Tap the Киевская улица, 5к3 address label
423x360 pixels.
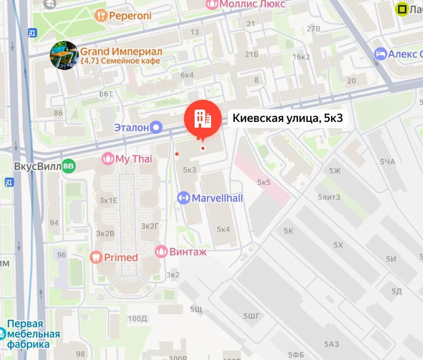[x=287, y=119]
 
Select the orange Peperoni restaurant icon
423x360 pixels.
[x=101, y=16]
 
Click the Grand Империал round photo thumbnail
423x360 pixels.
[x=64, y=55]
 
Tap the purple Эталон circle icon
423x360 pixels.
[x=156, y=127]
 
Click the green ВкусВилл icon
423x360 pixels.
[x=69, y=166]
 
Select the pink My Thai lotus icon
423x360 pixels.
[x=108, y=159]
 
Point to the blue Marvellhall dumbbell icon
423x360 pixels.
[x=183, y=198]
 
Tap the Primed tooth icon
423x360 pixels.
[x=96, y=257]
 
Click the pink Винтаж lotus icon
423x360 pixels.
[x=161, y=252]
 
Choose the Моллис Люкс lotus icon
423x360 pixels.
[x=212, y=4]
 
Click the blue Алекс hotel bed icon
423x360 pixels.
[x=380, y=54]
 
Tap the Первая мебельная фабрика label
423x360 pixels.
[x=33, y=334]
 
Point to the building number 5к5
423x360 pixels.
[x=264, y=182]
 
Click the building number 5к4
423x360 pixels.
[x=223, y=229]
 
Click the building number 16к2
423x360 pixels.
[x=301, y=57]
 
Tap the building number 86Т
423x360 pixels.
[x=106, y=94]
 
